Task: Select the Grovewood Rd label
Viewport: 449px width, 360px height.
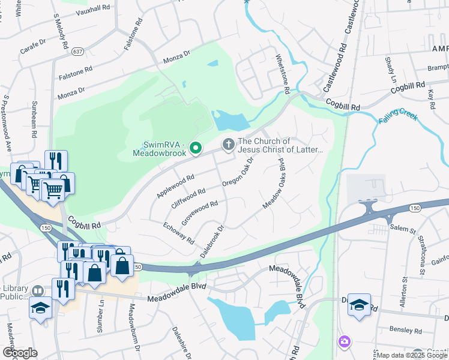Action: (x=199, y=213)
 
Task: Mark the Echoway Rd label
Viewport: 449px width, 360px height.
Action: (x=178, y=232)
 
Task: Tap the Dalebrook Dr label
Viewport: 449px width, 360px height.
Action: (x=211, y=241)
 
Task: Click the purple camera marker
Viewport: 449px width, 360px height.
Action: (x=343, y=342)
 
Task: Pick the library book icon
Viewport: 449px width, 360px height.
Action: (x=38, y=291)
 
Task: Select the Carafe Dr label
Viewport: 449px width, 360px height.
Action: (x=33, y=46)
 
